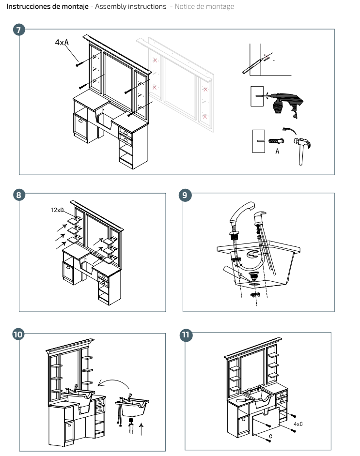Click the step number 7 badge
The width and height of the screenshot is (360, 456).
click(x=19, y=30)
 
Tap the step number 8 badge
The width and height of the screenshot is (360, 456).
click(x=19, y=196)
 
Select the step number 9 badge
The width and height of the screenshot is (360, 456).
click(x=185, y=196)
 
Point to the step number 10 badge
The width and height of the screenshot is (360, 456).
click(x=19, y=334)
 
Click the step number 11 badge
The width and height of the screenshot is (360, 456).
click(x=185, y=334)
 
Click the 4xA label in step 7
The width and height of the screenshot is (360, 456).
click(x=62, y=42)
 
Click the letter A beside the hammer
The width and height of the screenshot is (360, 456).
click(x=277, y=151)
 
